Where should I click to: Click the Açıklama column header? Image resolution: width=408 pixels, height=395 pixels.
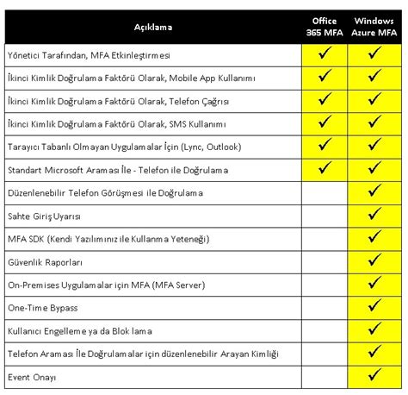[153, 27]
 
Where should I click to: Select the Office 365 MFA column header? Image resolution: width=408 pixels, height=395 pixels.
[325, 27]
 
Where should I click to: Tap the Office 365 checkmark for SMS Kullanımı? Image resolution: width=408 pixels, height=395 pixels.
[325, 124]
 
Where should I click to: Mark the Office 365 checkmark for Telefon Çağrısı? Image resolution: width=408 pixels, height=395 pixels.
[325, 101]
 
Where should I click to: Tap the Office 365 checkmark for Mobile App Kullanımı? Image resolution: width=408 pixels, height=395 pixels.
[325, 78]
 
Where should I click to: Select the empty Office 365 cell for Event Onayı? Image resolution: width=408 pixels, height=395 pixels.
[325, 378]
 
